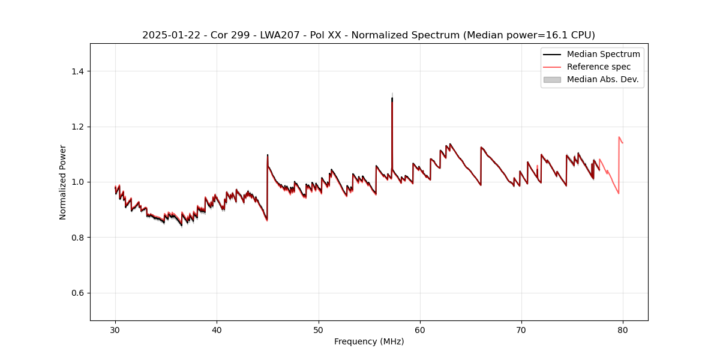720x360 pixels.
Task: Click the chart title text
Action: click(x=368, y=35)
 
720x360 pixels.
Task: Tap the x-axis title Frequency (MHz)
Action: click(x=369, y=341)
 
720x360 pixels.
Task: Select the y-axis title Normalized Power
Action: click(x=63, y=182)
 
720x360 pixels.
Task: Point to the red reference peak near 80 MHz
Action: click(x=619, y=137)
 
